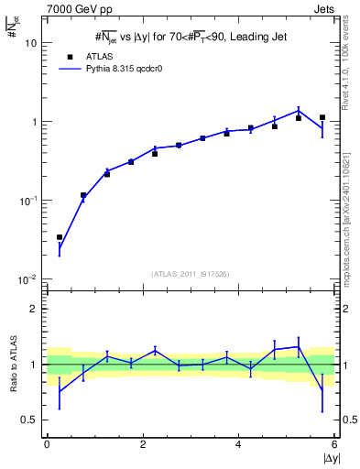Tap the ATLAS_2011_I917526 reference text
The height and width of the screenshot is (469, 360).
191,273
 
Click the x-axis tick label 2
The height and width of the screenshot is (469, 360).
143,444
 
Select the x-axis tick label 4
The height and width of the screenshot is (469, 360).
239,444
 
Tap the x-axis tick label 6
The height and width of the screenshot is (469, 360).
335,444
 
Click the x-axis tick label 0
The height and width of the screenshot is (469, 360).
47,444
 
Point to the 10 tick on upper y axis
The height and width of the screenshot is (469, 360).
32,43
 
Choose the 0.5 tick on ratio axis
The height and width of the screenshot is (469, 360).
30,420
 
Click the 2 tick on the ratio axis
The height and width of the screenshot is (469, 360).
35,309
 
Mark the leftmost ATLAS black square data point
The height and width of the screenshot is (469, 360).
60,237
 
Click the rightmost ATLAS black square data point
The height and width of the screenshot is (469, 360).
322,117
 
